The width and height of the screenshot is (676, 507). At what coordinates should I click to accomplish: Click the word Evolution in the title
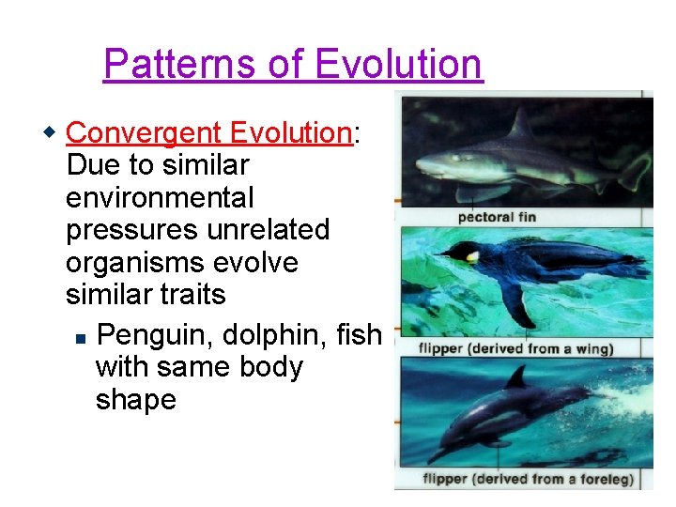pyautogui.click(x=398, y=64)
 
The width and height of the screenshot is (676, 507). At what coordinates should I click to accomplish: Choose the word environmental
pyautogui.click(x=160, y=197)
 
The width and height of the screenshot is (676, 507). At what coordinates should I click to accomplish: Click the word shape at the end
pyautogui.click(x=135, y=399)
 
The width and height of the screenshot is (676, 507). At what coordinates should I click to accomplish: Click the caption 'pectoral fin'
pyautogui.click(x=497, y=217)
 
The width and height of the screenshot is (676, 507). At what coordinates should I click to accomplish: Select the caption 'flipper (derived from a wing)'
pyautogui.click(x=516, y=349)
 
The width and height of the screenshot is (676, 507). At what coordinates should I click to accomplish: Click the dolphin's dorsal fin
pyautogui.click(x=516, y=376)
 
